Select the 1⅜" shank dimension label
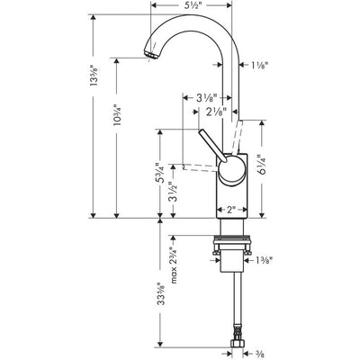tap(264, 261)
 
